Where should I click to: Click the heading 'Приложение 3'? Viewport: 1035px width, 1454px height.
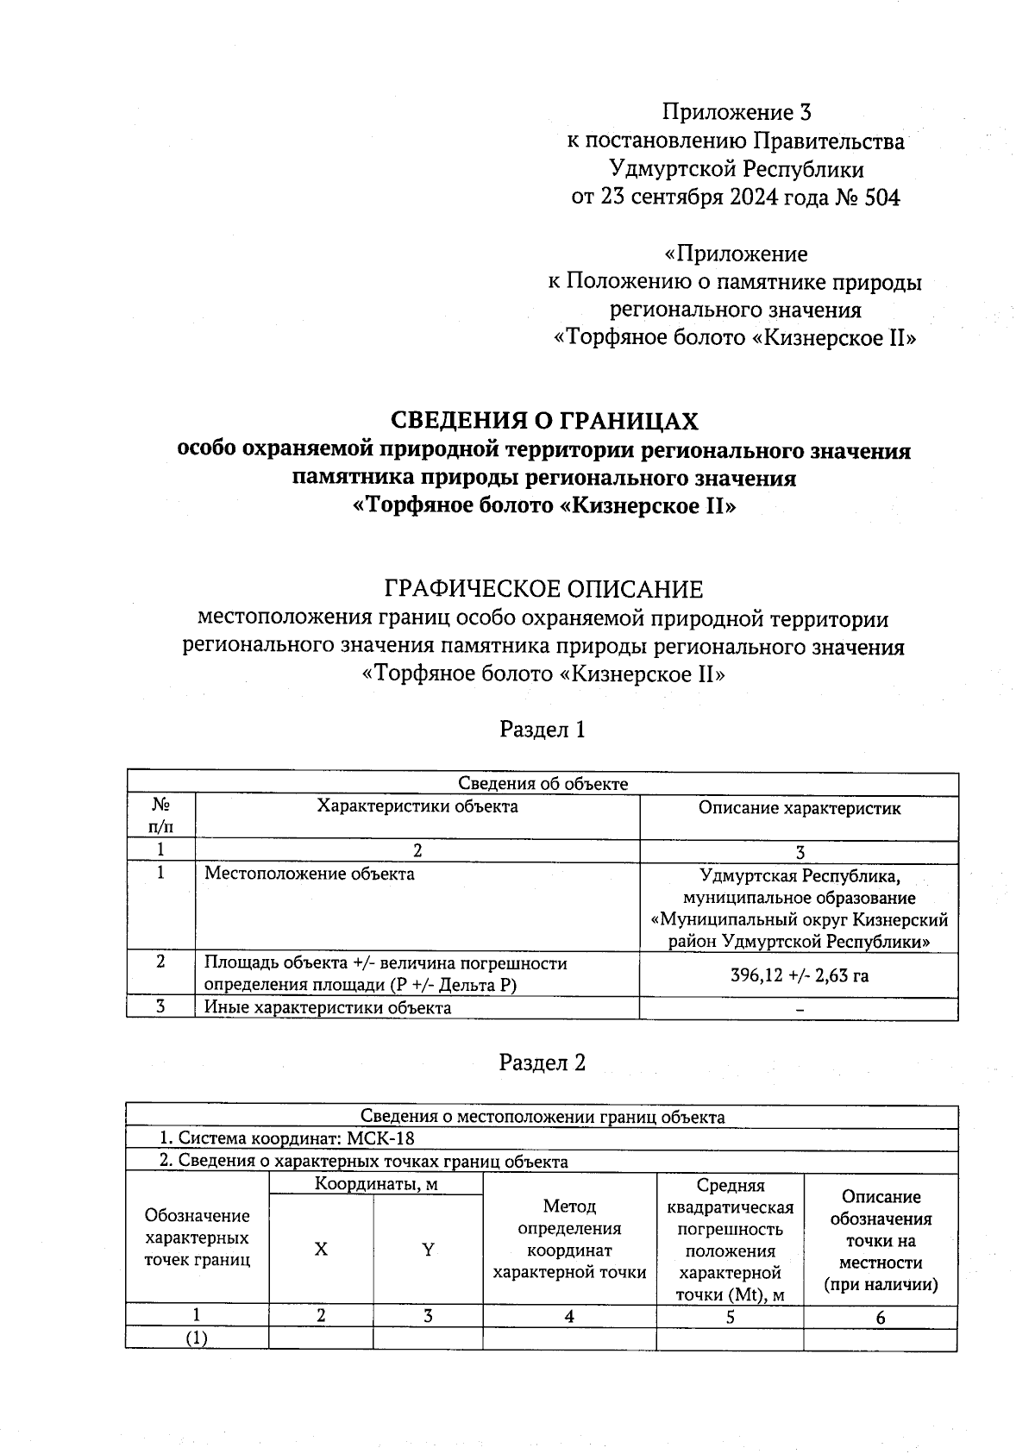[x=737, y=112]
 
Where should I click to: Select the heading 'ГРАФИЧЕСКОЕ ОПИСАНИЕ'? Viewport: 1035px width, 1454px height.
[x=543, y=590]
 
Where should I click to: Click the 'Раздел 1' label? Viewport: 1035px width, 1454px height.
[x=543, y=730]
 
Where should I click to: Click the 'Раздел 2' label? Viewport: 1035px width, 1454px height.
[x=543, y=1062]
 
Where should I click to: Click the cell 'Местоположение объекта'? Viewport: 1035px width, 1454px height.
[x=309, y=874]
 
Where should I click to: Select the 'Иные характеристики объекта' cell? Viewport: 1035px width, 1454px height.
[x=327, y=1007]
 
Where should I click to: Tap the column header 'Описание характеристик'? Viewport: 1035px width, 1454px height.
[x=799, y=808]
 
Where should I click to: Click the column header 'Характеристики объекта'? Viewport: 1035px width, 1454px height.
[x=417, y=806]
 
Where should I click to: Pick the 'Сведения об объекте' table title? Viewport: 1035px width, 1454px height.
[x=543, y=783]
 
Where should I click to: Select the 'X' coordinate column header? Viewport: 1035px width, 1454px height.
[x=321, y=1249]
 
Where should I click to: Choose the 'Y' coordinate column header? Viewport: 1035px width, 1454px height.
[x=427, y=1249]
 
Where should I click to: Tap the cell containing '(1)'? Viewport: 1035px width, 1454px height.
[x=198, y=1338]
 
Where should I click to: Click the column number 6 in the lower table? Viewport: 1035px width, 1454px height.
[x=880, y=1317]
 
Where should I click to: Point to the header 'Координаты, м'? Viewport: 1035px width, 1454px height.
[x=375, y=1184]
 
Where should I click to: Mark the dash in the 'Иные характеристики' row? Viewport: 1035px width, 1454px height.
[x=800, y=1009]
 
